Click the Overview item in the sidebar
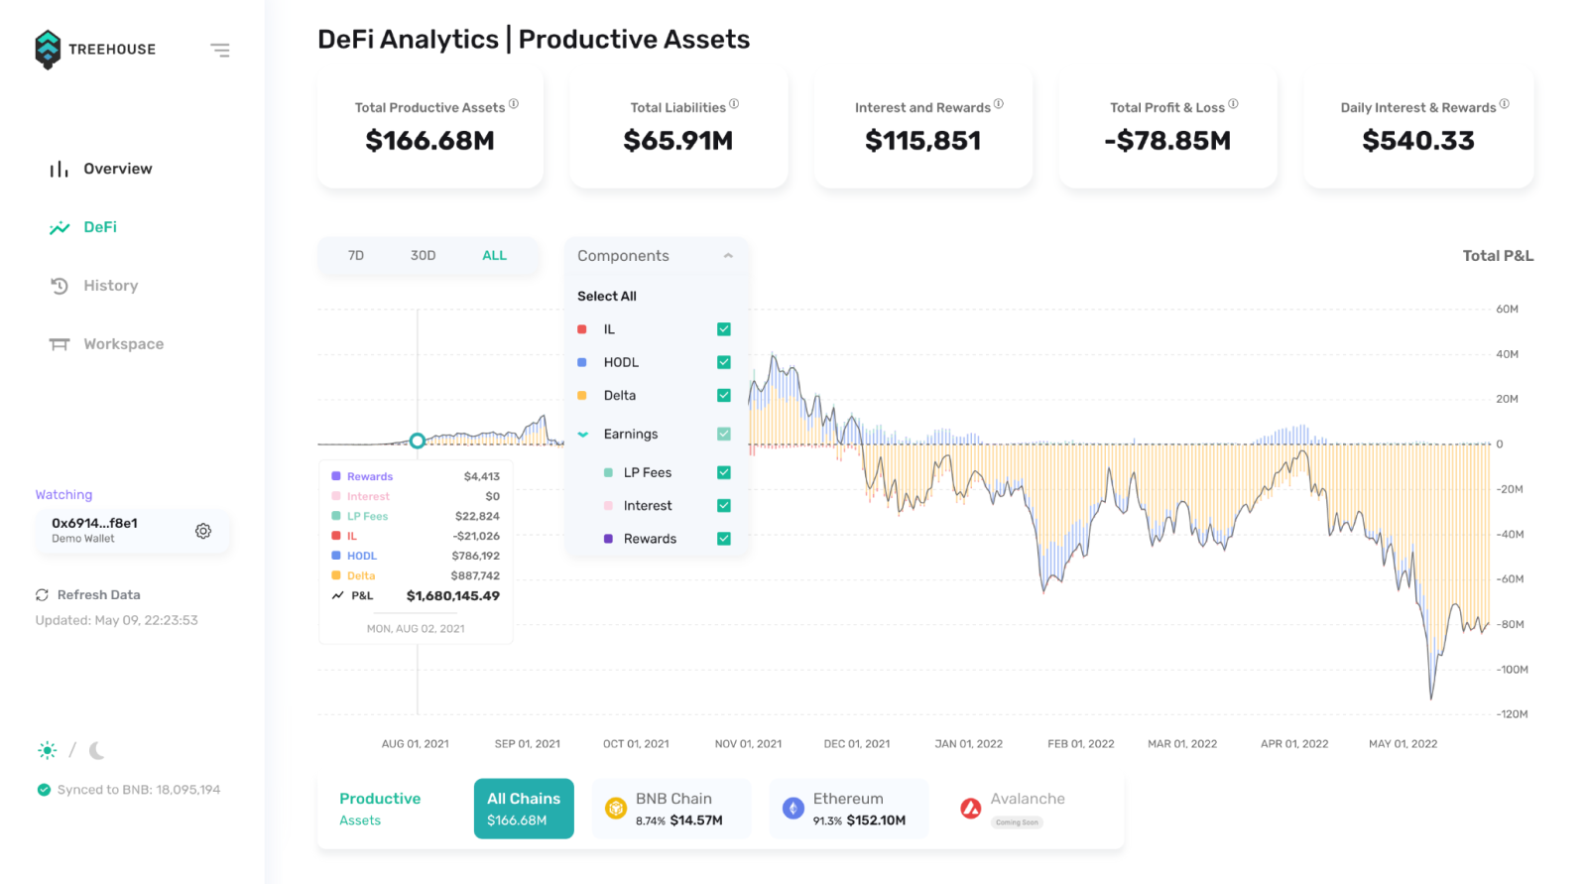[117, 169]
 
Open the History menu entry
[110, 286]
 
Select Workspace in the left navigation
[123, 344]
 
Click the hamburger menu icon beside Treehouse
[220, 50]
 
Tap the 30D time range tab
[423, 256]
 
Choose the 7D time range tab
[356, 256]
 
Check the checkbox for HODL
[724, 362]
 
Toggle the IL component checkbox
[724, 329]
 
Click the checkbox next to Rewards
[724, 539]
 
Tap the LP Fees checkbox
[724, 472]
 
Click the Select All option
[607, 296]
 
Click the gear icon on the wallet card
[203, 531]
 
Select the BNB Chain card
[671, 809]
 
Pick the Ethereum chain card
[848, 809]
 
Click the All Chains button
[524, 809]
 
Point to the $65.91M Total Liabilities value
[678, 141]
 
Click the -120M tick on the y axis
[1513, 714]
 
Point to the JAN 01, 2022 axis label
[968, 744]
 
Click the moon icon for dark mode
[96, 751]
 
